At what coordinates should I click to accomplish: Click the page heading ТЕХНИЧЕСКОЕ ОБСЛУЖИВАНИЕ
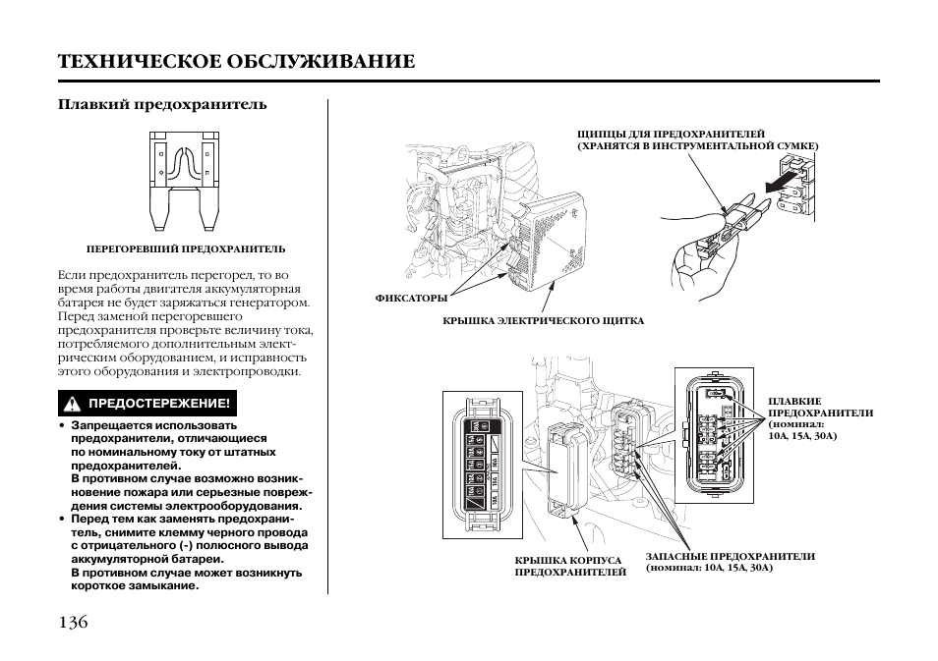click(x=236, y=61)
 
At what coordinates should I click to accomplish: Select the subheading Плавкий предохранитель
click(x=162, y=103)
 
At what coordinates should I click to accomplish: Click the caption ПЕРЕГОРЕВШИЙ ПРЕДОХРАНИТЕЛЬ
click(x=186, y=249)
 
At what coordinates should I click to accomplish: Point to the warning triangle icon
click(x=72, y=404)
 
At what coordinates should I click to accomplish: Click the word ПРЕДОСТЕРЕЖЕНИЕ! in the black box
click(x=159, y=404)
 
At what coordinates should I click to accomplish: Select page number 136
click(x=74, y=622)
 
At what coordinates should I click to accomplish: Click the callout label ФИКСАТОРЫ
click(x=411, y=298)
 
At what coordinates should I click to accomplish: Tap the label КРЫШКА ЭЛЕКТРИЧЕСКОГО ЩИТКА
click(x=543, y=321)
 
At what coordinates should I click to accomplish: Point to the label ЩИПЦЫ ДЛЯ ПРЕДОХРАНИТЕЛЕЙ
click(x=671, y=134)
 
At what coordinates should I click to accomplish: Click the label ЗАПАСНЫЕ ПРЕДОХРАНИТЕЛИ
click(x=730, y=556)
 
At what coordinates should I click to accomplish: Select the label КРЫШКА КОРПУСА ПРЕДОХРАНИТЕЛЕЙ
click(x=569, y=566)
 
